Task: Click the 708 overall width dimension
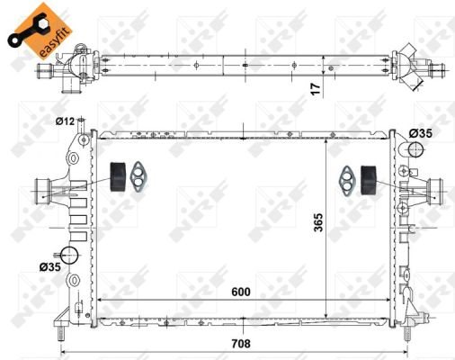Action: (241, 344)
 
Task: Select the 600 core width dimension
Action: (241, 292)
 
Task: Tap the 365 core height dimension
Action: (318, 222)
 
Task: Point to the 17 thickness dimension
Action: (316, 89)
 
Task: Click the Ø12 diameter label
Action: (65, 121)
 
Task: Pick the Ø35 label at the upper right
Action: (421, 133)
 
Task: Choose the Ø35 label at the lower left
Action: (50, 266)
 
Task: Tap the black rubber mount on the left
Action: (118, 176)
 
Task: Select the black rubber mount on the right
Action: (369, 180)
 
